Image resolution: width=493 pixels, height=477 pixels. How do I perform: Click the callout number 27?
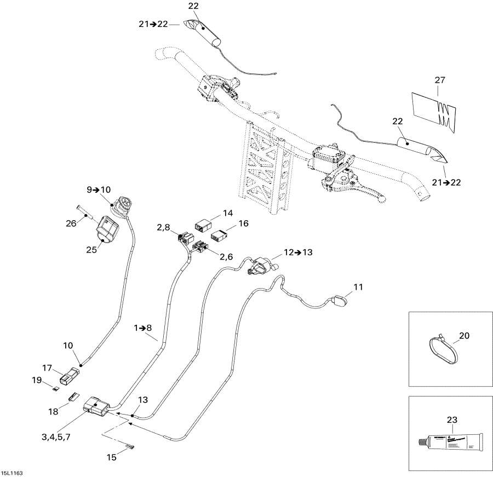[440, 80]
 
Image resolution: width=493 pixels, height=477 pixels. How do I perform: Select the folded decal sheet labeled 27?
[433, 110]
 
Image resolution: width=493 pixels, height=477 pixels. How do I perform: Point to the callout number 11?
[358, 286]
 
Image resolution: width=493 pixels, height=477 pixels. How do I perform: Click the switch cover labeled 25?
[108, 227]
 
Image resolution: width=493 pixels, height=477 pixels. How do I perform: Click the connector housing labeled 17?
[68, 377]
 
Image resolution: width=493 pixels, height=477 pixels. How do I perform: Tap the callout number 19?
[36, 379]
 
